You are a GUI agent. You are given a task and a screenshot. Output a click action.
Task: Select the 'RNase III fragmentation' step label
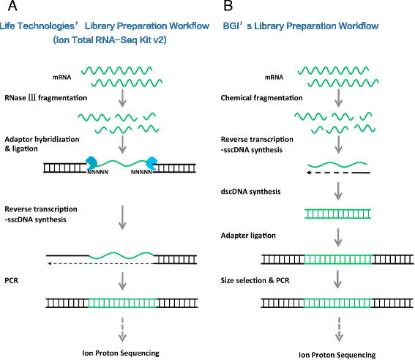(x=44, y=96)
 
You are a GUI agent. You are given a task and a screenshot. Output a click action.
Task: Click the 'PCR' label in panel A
(x=11, y=280)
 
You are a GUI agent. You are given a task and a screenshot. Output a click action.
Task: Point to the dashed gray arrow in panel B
(x=338, y=327)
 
